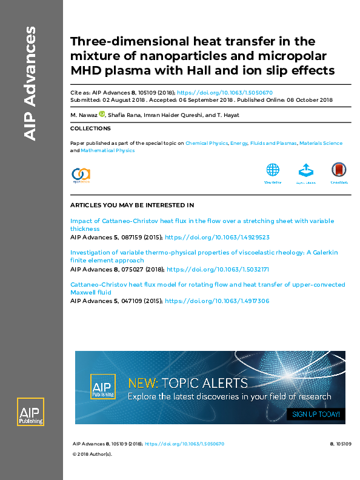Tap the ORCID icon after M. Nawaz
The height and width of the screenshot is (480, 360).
(x=102, y=114)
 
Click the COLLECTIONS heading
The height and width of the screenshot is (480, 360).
(x=90, y=128)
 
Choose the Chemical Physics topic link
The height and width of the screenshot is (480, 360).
(x=206, y=144)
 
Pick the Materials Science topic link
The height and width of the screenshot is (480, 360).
(x=321, y=144)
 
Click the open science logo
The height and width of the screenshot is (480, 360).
(x=81, y=175)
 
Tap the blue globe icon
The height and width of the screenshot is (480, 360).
(x=273, y=170)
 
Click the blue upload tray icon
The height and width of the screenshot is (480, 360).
(x=305, y=170)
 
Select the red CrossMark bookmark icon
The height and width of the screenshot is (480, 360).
(x=339, y=170)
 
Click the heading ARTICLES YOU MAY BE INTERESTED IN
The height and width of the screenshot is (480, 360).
(x=132, y=205)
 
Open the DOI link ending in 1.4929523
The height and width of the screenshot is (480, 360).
(x=217, y=238)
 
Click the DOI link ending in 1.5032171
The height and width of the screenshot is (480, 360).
(x=218, y=269)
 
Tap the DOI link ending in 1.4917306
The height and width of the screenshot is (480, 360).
(x=217, y=301)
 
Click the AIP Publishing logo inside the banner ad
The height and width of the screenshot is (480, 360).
(x=102, y=387)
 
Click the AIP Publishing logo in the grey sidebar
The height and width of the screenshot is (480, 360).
(x=30, y=415)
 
